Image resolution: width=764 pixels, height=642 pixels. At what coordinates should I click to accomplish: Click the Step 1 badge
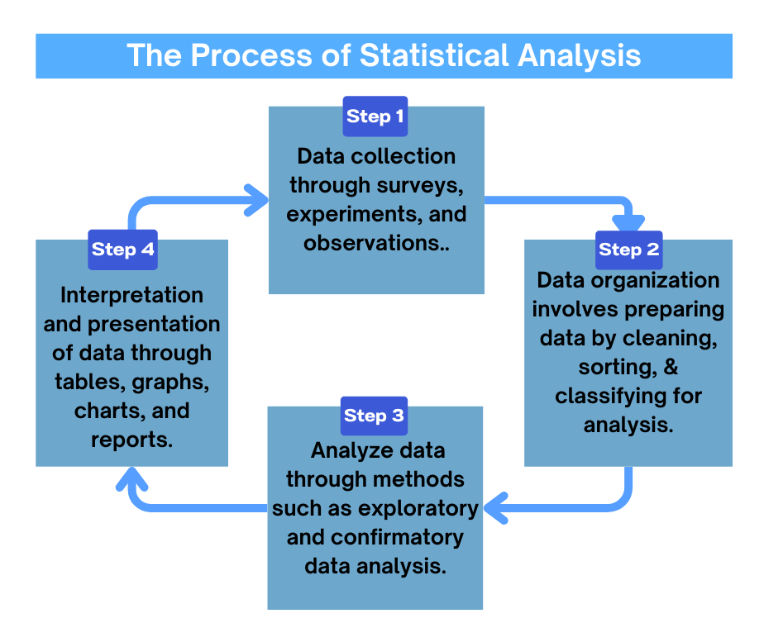[x=375, y=117]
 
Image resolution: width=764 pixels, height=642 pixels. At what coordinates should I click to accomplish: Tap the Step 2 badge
[x=629, y=250]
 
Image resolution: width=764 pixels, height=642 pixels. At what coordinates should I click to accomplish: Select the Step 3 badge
[x=375, y=416]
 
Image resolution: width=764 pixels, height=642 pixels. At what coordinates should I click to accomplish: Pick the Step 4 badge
[x=122, y=250]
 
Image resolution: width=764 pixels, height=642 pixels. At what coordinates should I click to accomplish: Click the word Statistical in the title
[x=435, y=55]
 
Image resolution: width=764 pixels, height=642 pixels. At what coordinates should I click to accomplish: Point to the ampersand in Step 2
[x=671, y=367]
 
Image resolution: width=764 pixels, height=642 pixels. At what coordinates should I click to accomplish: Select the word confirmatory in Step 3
[x=397, y=537]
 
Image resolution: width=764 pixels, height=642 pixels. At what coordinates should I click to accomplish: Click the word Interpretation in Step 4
[x=132, y=295]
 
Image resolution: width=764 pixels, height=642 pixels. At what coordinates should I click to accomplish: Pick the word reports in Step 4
[x=132, y=440]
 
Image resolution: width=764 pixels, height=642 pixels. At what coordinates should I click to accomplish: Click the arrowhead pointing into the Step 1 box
[x=260, y=198]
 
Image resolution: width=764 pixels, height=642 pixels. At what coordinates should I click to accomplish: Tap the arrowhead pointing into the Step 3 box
[x=494, y=505]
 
